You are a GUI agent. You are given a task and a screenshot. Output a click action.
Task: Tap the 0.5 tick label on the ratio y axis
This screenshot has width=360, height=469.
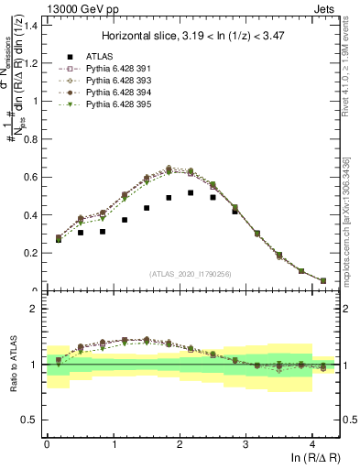[29, 420]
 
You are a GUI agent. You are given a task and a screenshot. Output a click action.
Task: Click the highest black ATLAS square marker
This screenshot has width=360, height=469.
[191, 192]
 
